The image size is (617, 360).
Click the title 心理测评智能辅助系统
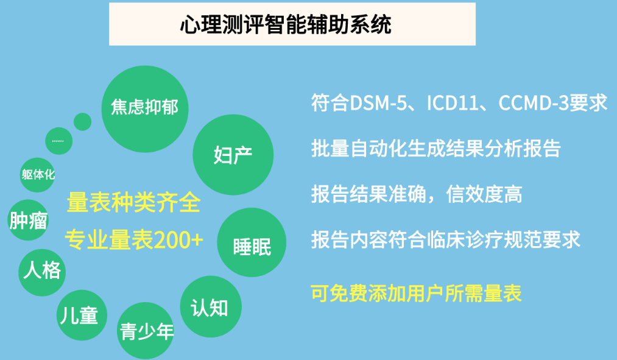(x=286, y=24)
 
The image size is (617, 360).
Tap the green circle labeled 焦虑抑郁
(x=145, y=109)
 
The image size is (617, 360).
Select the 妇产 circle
(x=233, y=155)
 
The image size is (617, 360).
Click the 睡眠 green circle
(x=252, y=242)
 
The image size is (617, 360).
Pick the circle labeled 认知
(x=211, y=306)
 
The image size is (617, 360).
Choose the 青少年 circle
(x=146, y=331)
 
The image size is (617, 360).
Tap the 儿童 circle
(x=82, y=315)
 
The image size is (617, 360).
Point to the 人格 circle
(x=42, y=272)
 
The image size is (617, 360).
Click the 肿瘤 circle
(x=29, y=220)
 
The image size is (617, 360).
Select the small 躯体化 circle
(x=38, y=175)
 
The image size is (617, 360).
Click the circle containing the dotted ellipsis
(x=59, y=141)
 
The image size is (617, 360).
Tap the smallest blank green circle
(x=83, y=122)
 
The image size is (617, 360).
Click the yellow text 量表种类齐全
(x=134, y=202)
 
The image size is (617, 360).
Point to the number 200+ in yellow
(x=178, y=239)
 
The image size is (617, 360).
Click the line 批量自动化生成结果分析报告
(x=436, y=149)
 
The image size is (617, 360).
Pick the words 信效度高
(x=484, y=194)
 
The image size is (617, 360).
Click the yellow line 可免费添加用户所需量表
(x=417, y=294)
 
